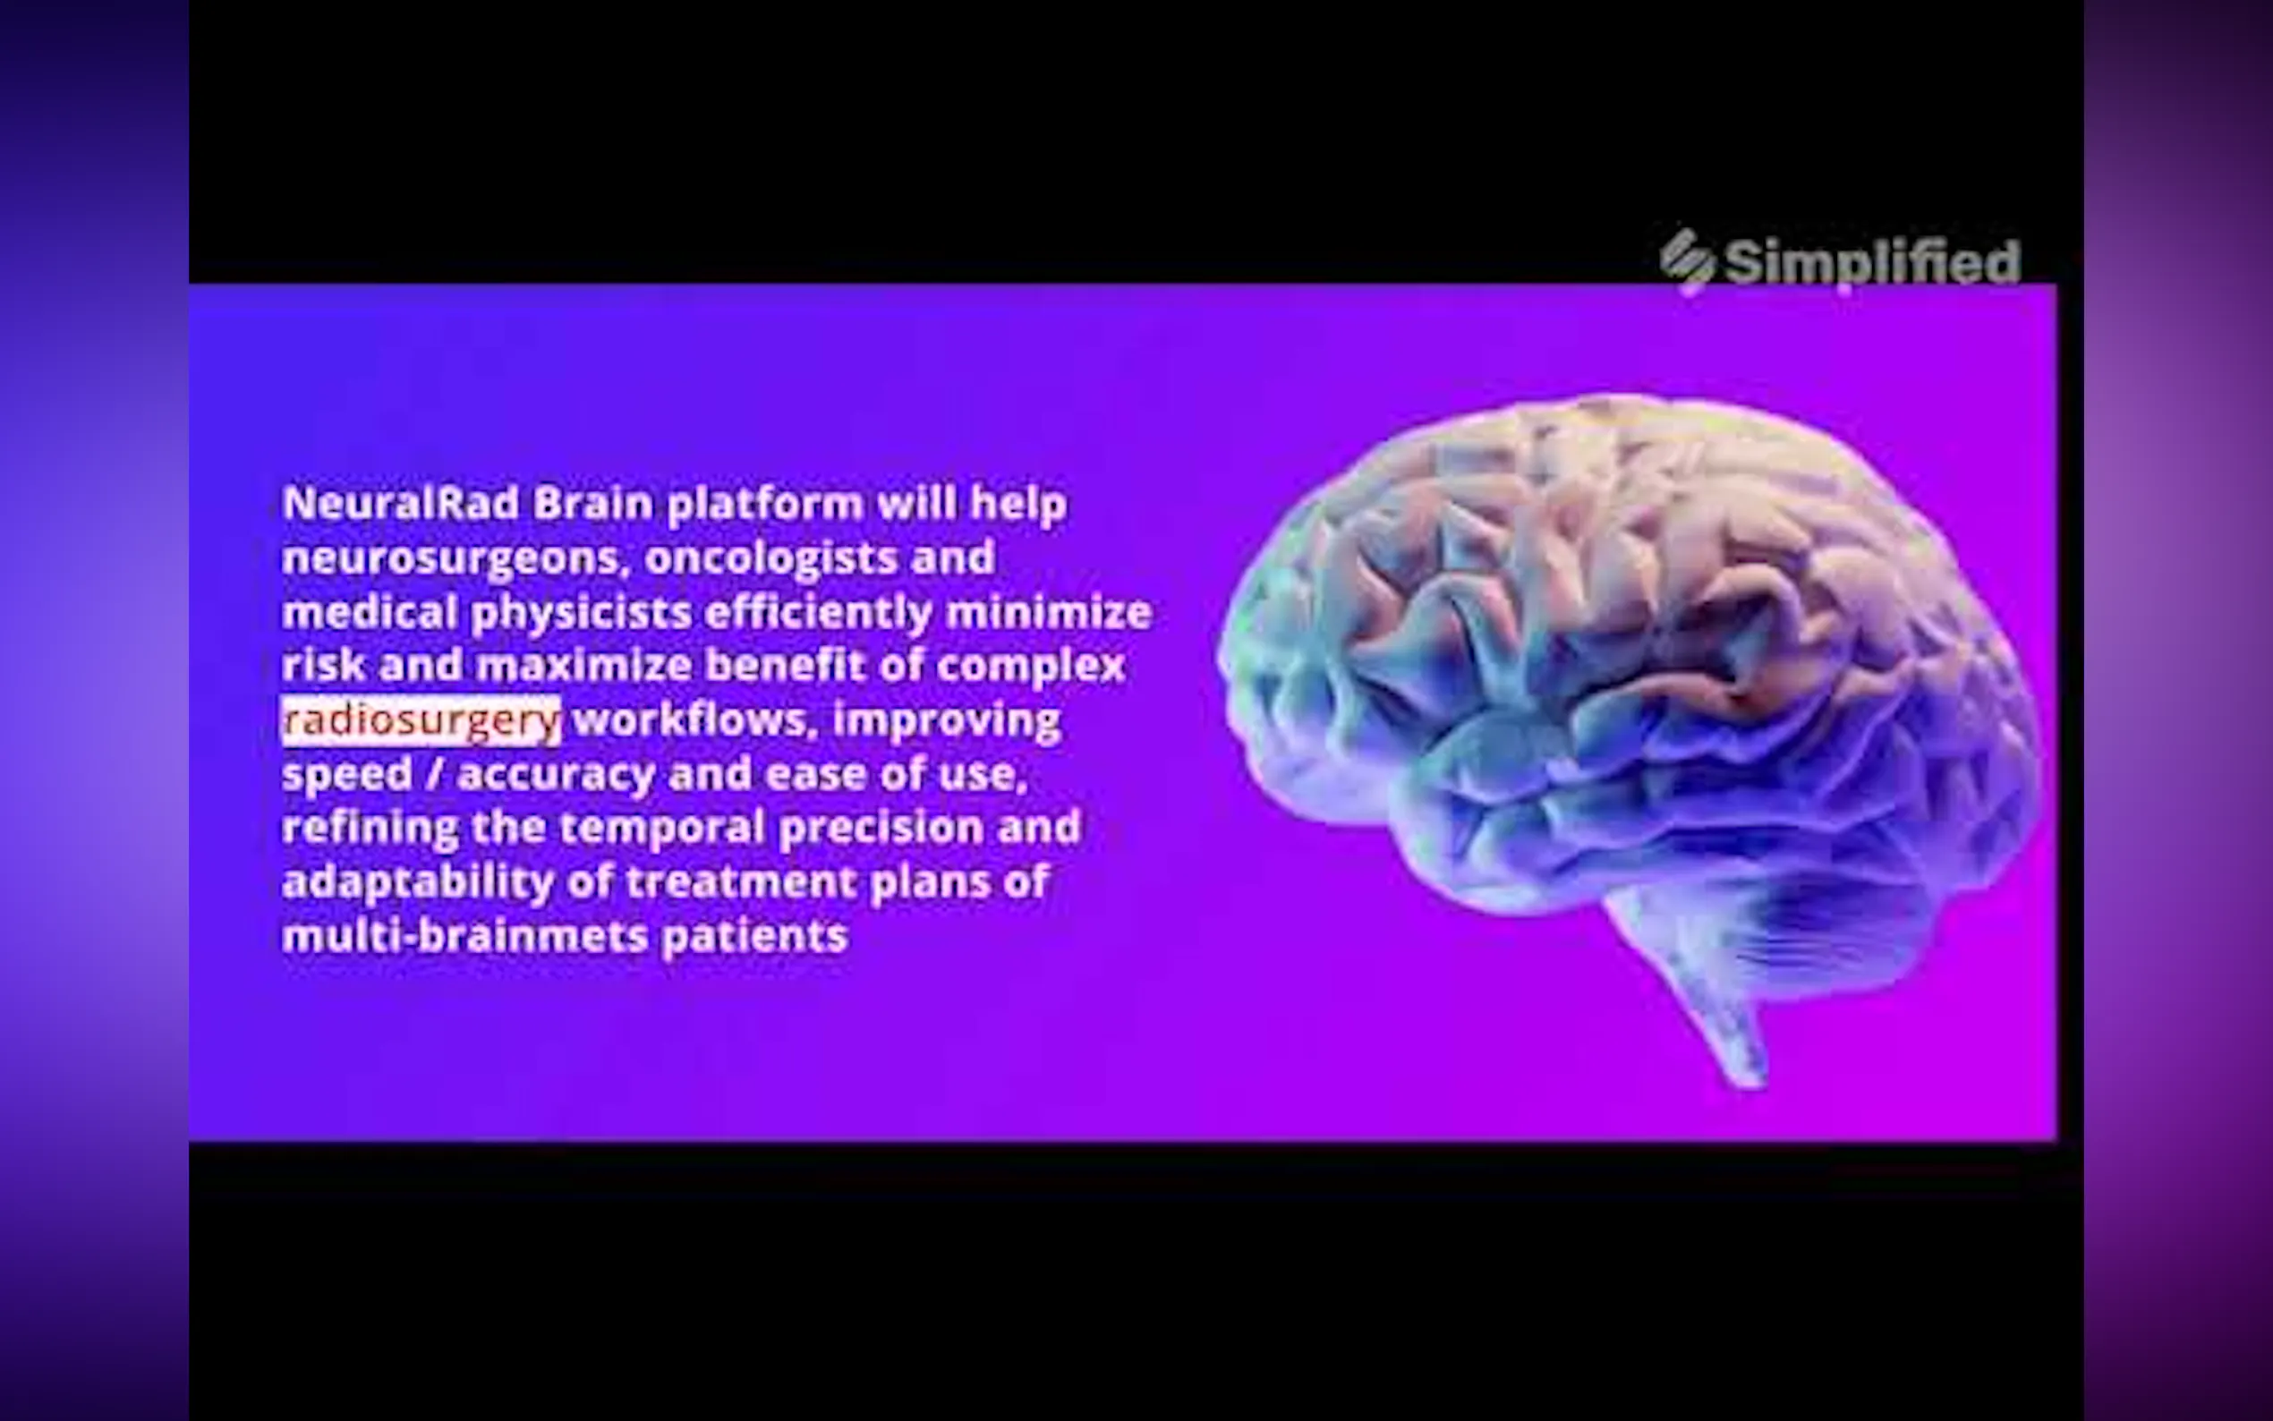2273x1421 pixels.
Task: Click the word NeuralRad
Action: point(400,504)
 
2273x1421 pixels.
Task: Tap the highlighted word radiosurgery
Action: point(421,721)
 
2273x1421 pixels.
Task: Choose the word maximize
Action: point(583,667)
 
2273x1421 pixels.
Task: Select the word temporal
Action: point(662,828)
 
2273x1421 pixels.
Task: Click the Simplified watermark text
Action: point(1873,262)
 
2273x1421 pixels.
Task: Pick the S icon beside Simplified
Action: point(1688,262)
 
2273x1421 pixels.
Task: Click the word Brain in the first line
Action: point(593,504)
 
